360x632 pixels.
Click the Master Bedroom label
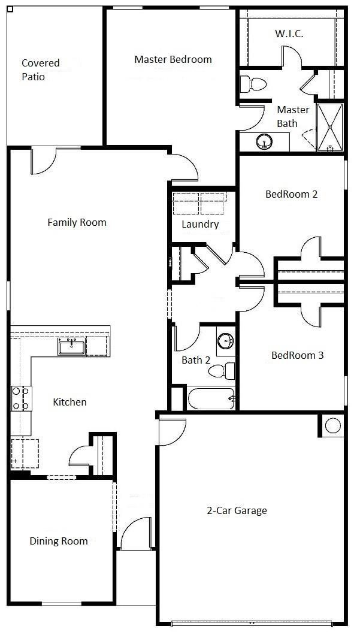pos(173,60)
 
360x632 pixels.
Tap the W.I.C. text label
pos(289,34)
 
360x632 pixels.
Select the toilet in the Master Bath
pos(253,84)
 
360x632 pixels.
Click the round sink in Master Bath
pos(264,141)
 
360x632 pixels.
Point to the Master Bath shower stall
pos(330,128)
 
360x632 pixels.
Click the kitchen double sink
pos(71,347)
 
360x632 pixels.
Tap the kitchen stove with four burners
pos(21,398)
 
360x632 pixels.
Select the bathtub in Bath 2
pos(211,398)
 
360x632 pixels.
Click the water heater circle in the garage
pos(333,425)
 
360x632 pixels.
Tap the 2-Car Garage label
pos(237,510)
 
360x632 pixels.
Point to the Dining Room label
pos(59,541)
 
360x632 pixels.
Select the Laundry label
pos(200,225)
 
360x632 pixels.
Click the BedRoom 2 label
pos(292,194)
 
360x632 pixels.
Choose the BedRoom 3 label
pos(298,355)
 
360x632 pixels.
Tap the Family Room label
pos(77,222)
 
